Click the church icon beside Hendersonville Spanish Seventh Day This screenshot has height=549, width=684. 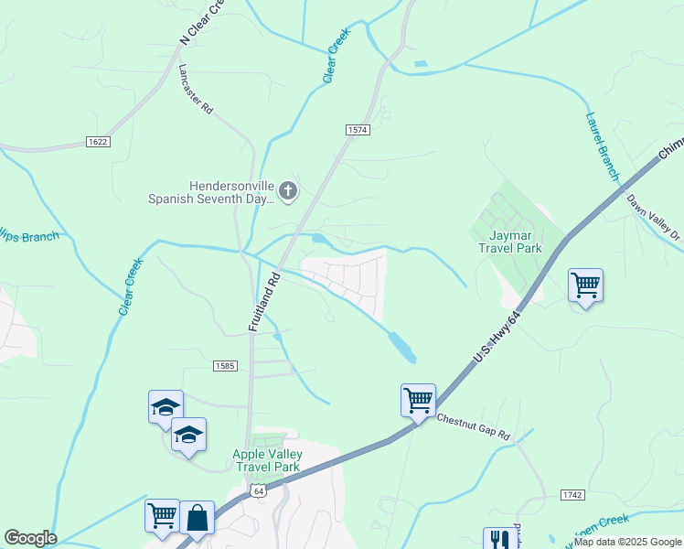tap(288, 190)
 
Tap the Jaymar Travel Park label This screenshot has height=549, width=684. tap(510, 242)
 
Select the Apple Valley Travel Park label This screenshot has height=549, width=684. tap(267, 460)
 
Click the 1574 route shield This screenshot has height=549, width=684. tap(358, 131)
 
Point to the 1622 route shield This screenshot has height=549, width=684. tap(99, 142)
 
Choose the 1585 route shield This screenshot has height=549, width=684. tap(225, 366)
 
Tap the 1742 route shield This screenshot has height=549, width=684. tap(572, 494)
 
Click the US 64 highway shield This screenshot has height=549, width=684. tap(260, 491)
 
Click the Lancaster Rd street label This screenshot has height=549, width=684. tap(197, 89)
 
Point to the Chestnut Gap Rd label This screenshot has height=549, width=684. tap(473, 426)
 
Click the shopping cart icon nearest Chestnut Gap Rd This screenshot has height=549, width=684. tap(418, 399)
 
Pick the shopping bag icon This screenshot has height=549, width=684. tap(197, 517)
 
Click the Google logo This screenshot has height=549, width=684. tap(30, 538)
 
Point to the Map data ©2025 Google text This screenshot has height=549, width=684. tap(626, 542)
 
